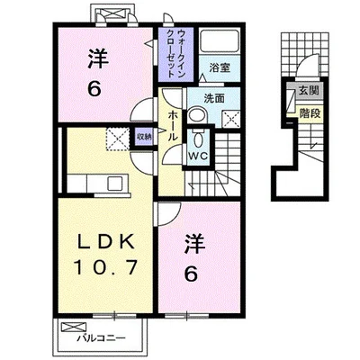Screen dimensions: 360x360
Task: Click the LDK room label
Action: click(x=105, y=240)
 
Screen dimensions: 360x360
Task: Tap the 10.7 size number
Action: click(x=106, y=267)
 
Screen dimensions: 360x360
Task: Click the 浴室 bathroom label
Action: click(x=220, y=68)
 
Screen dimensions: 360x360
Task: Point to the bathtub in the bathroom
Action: click(x=220, y=40)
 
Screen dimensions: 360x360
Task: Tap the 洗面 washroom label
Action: click(x=214, y=98)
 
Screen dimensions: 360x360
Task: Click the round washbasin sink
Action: click(x=197, y=115)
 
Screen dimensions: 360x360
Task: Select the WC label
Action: click(x=198, y=156)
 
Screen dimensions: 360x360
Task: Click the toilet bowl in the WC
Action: click(x=198, y=139)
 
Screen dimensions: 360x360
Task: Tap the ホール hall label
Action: click(x=173, y=126)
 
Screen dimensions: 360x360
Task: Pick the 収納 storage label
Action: click(x=144, y=137)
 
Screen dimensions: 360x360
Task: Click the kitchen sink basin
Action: click(x=115, y=184)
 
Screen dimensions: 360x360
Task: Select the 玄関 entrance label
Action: click(x=308, y=90)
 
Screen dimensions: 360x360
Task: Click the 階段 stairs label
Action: click(x=310, y=113)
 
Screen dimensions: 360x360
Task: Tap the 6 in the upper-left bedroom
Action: click(x=94, y=88)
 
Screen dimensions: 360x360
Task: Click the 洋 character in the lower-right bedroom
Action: click(x=194, y=244)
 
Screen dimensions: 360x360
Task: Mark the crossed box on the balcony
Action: click(x=74, y=327)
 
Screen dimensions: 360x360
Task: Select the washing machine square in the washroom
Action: click(x=231, y=120)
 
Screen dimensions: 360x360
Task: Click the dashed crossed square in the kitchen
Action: click(x=118, y=139)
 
